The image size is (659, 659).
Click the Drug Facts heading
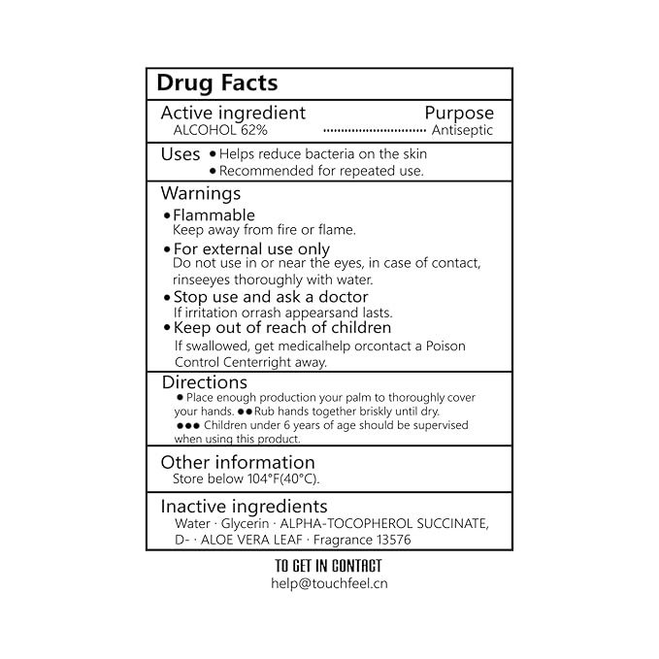[216, 83]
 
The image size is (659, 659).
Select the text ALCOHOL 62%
[220, 130]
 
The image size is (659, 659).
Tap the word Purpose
[459, 113]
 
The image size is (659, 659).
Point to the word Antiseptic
[462, 130]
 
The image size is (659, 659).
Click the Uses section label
[181, 153]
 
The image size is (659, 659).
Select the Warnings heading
[200, 193]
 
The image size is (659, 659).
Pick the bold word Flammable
[214, 214]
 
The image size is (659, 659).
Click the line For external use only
[251, 248]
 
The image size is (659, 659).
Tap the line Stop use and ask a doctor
[271, 297]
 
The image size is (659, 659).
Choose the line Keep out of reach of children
[281, 327]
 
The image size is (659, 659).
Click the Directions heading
[204, 382]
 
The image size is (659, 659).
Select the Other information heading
[238, 462]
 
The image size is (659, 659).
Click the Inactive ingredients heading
[244, 506]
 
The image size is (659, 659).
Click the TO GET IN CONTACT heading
[328, 566]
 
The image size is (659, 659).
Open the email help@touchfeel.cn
[328, 583]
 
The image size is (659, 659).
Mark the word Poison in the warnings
[445, 346]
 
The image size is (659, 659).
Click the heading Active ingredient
[233, 113]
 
